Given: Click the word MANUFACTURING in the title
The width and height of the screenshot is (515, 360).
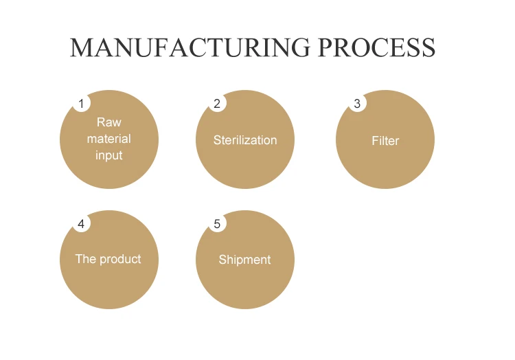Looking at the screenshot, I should pyautogui.click(x=190, y=47).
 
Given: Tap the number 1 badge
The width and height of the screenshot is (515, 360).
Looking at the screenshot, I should pyautogui.click(x=81, y=104).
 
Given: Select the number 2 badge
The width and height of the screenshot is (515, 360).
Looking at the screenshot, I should pyautogui.click(x=217, y=104).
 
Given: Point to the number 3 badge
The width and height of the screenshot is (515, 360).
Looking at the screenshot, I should pyautogui.click(x=357, y=104).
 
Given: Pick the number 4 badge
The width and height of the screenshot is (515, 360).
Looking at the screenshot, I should pyautogui.click(x=81, y=224).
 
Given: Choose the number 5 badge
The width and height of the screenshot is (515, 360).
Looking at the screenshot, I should pyautogui.click(x=217, y=224).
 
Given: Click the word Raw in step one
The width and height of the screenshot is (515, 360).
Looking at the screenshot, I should pyautogui.click(x=108, y=122).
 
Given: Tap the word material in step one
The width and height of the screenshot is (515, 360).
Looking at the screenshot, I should pyautogui.click(x=108, y=139).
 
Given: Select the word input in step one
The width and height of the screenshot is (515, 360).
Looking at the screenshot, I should pyautogui.click(x=108, y=155).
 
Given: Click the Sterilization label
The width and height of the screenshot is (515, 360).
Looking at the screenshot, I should pyautogui.click(x=245, y=140).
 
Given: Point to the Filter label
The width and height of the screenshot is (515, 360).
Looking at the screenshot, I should pyautogui.click(x=385, y=141).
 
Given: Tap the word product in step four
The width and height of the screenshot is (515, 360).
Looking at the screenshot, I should pyautogui.click(x=120, y=260).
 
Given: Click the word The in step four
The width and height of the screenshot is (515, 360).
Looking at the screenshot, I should pyautogui.click(x=86, y=260).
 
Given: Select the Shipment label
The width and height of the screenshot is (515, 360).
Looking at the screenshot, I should pyautogui.click(x=244, y=260).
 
